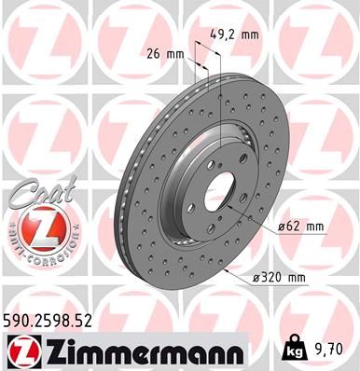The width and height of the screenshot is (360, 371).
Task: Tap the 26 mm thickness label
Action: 166,53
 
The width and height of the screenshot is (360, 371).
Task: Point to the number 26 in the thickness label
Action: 156,53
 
